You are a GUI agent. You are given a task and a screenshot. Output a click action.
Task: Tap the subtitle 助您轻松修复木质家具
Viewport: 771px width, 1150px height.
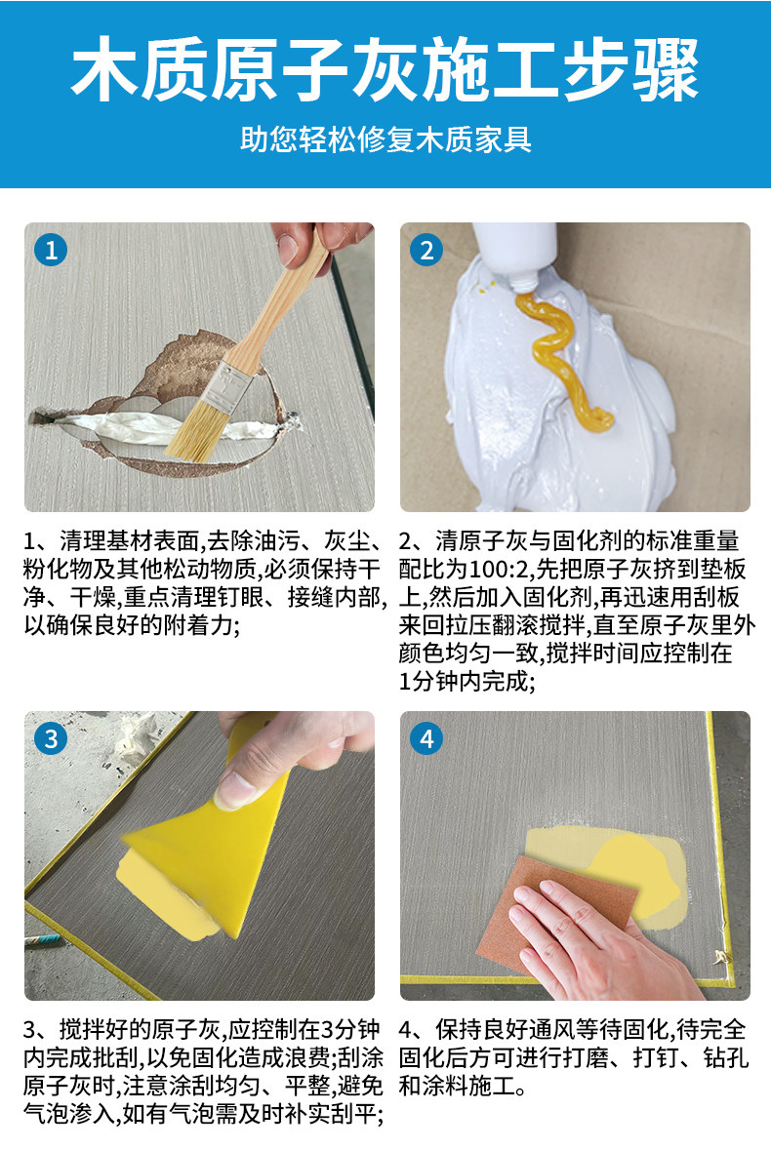(385, 139)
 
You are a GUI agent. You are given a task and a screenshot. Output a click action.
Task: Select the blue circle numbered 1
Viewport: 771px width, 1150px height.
(51, 250)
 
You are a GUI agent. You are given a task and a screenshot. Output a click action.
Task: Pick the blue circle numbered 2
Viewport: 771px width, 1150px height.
(426, 250)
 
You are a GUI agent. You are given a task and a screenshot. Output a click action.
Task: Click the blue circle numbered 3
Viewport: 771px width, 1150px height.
(51, 737)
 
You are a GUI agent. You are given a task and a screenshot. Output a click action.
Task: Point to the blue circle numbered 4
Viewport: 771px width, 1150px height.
(426, 737)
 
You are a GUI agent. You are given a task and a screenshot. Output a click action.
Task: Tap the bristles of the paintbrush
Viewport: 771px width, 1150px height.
(189, 431)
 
